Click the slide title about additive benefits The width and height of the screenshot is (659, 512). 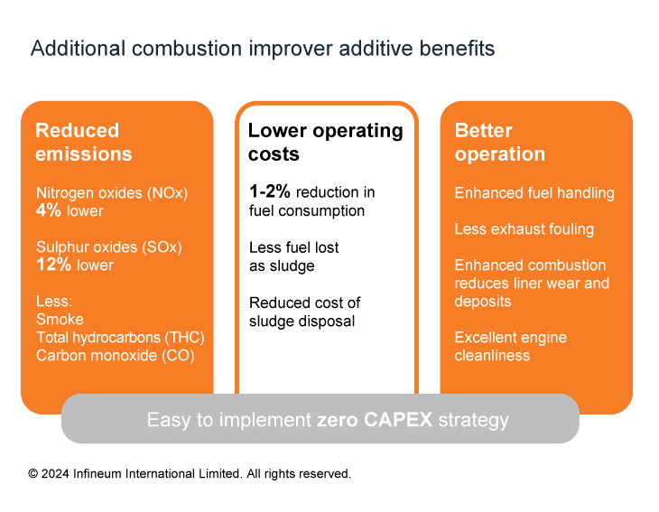pos(263,49)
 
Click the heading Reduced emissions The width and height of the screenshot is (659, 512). pos(84,142)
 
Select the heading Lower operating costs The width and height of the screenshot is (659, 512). pos(325,142)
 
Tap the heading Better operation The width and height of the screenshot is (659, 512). pos(500,142)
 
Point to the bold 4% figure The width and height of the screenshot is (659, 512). pos(49,210)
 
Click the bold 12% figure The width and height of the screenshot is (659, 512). pos(54,265)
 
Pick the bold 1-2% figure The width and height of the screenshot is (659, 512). pos(269,191)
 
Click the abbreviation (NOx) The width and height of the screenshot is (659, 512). pos(167,193)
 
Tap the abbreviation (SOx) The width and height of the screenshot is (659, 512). pos(162,247)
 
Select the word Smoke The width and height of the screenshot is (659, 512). pos(60,320)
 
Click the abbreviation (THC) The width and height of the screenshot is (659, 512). pos(184,338)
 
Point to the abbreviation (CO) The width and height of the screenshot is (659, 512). pos(178,356)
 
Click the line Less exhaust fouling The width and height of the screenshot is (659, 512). pos(524,229)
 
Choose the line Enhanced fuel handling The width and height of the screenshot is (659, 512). pos(534,193)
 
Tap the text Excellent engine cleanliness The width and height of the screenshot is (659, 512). pos(511,347)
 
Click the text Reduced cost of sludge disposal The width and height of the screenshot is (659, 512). pos(305,312)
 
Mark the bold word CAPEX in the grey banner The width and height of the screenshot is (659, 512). pos(398,420)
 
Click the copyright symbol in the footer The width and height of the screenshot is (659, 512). pos(33,474)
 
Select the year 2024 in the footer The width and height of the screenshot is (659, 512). pos(55,474)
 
